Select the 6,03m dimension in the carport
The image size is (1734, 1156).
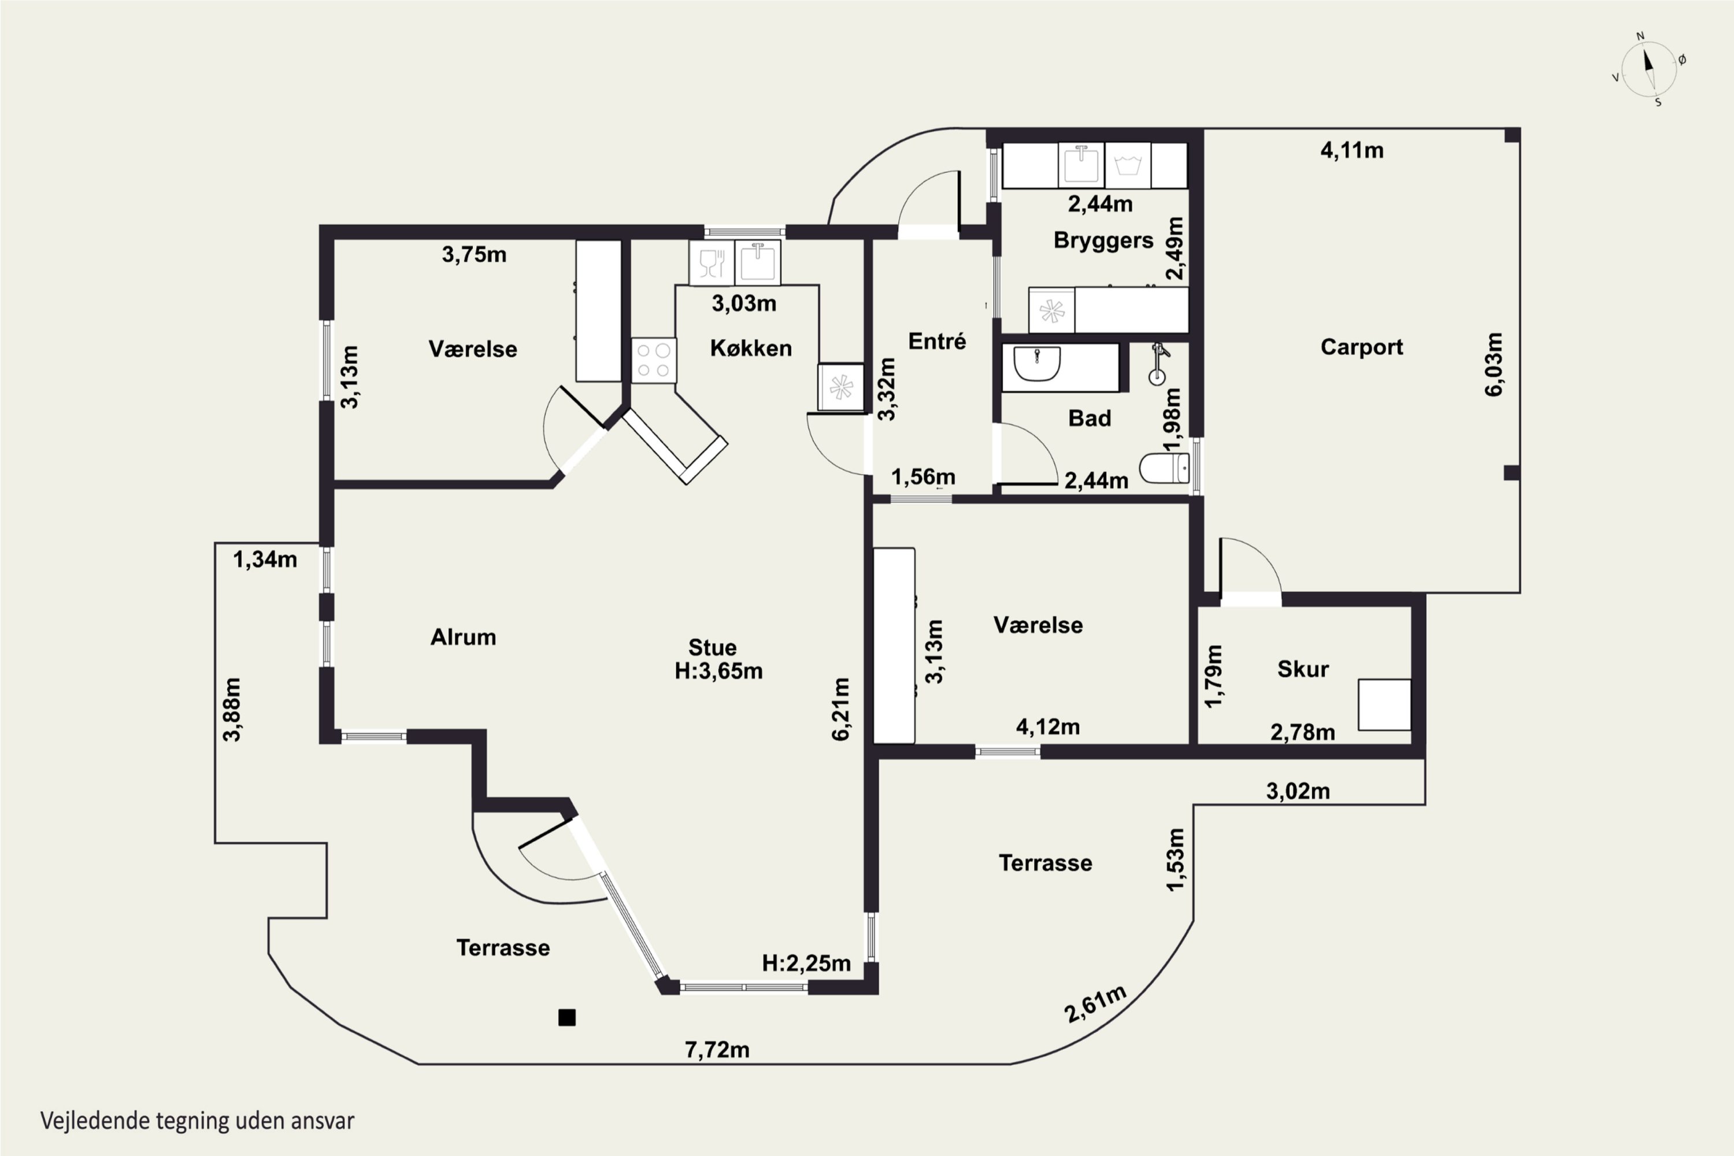point(1493,364)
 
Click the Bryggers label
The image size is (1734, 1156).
point(1103,240)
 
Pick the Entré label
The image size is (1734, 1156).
point(936,342)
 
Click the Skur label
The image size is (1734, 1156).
point(1303,669)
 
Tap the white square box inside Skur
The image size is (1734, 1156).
point(1384,705)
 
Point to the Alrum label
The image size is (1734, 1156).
point(463,637)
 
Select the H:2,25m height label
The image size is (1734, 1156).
point(806,963)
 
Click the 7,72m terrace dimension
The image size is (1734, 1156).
point(717,1049)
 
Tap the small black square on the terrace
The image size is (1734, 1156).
point(566,1017)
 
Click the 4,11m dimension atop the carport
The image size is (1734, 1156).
point(1351,150)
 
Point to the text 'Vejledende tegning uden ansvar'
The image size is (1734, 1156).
point(197,1121)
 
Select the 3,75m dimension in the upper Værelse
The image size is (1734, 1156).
point(474,254)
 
